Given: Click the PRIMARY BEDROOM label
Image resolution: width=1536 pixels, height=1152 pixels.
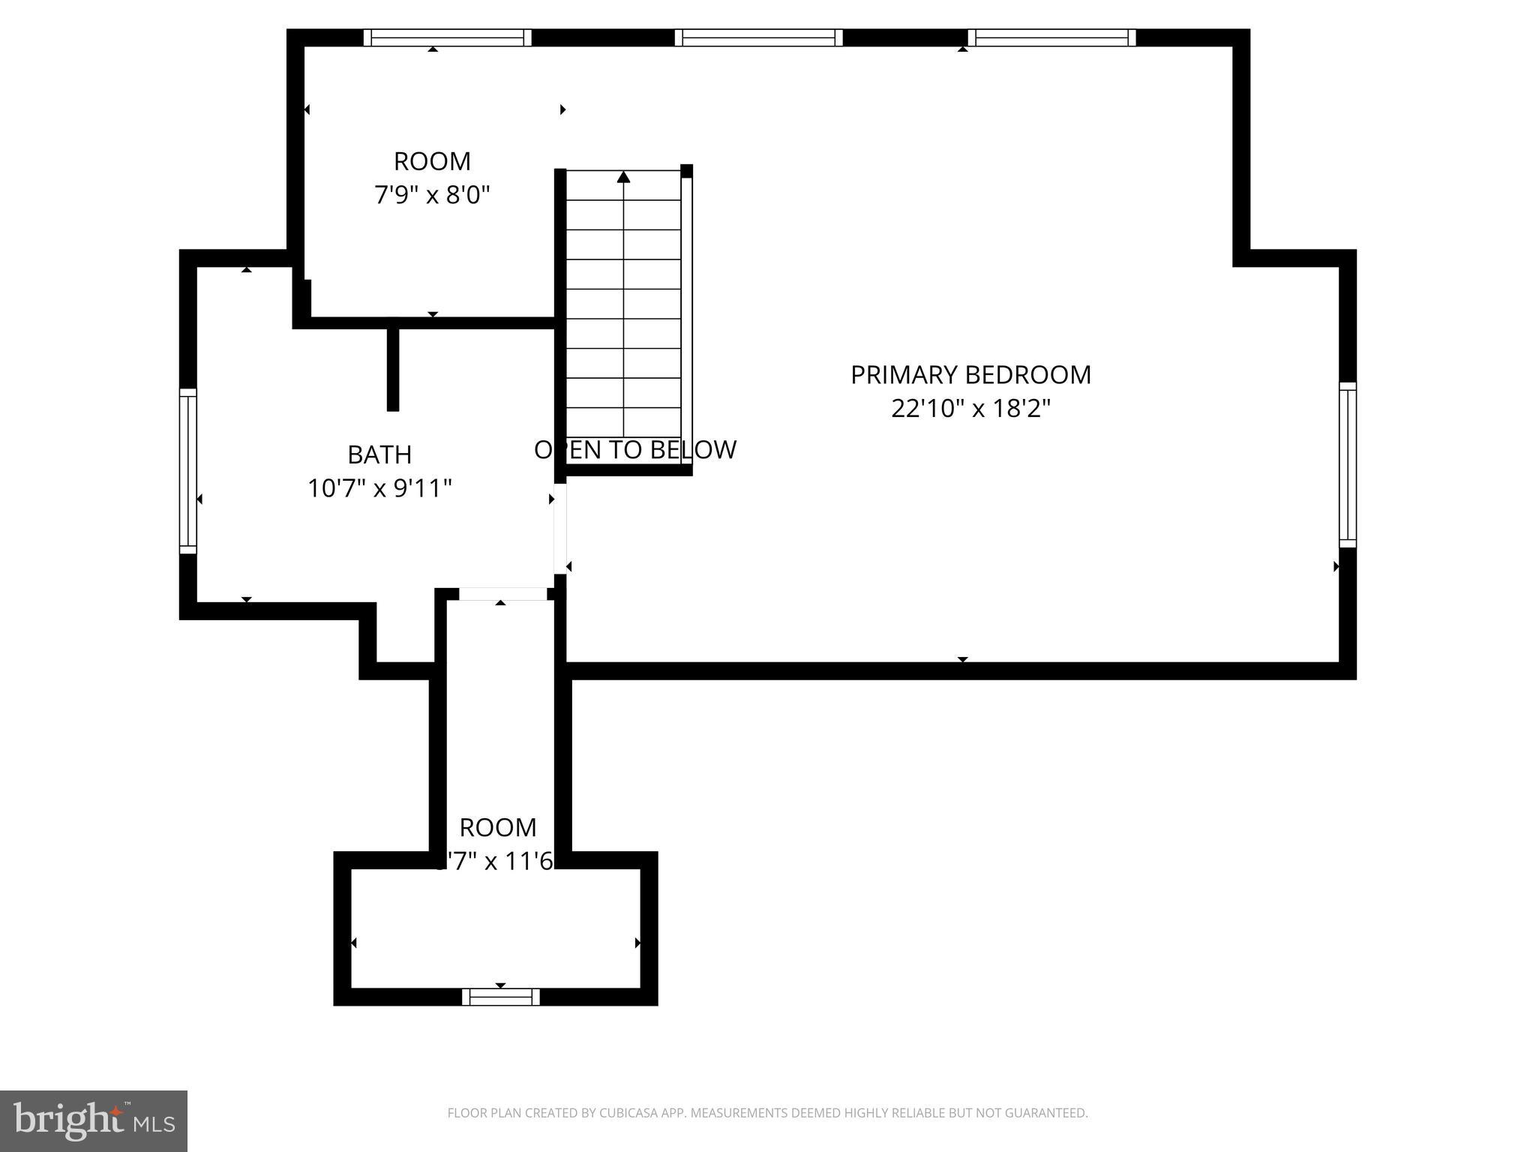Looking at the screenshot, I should tap(970, 374).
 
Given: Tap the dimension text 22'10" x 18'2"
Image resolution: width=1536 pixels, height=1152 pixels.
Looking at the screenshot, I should tap(970, 409).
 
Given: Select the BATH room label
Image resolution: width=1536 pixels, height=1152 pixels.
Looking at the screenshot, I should tap(379, 454).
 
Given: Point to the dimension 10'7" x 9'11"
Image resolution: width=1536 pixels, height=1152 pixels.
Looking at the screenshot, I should tap(379, 489).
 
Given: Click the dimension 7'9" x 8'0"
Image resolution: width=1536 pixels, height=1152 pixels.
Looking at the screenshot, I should tap(432, 196).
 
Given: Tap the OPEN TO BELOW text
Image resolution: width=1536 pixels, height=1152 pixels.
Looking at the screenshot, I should tap(634, 450).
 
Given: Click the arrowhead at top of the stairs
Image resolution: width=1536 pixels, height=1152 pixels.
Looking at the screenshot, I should tap(623, 177).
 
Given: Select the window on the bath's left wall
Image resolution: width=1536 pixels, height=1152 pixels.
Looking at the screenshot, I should tap(187, 470).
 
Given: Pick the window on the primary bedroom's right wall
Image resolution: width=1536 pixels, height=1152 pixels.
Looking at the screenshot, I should tap(1348, 464).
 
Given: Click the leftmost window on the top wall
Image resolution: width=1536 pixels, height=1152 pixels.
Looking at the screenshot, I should tap(448, 37).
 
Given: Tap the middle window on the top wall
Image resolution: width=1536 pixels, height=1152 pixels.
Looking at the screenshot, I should tap(758, 37).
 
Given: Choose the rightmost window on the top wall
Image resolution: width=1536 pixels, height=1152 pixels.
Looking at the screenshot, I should tap(1051, 37).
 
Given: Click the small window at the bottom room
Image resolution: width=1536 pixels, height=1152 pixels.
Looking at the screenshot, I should tap(500, 997).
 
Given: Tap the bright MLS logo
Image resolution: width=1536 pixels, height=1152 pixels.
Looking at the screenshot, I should tap(93, 1121).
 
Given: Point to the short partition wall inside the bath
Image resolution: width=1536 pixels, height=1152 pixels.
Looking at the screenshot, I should tap(392, 369).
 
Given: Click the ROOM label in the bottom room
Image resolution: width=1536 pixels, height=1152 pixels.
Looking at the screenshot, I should tap(497, 827).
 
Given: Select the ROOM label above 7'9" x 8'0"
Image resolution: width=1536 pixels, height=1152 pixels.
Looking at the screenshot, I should tap(432, 161).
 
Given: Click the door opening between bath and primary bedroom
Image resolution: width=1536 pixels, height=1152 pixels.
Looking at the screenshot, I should tap(559, 529).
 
